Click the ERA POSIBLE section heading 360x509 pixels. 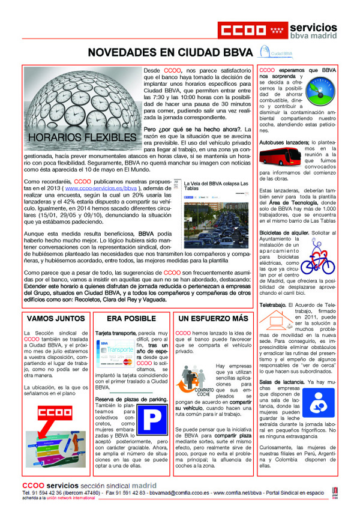pos(131,318)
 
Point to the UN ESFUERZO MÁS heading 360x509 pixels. pos(213,318)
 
